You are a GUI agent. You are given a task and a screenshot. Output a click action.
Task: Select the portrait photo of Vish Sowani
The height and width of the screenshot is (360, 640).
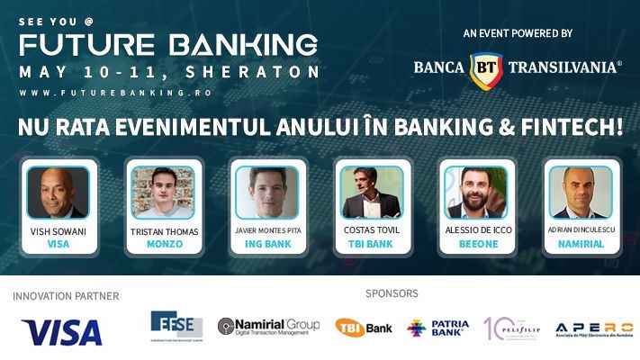[58, 192]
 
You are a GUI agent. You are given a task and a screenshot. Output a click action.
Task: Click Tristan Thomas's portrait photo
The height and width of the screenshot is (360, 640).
[163, 192]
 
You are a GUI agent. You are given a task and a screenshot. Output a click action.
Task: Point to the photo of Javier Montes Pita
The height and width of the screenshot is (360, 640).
[266, 192]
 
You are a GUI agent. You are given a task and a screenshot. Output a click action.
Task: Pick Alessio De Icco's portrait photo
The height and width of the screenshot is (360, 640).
[476, 192]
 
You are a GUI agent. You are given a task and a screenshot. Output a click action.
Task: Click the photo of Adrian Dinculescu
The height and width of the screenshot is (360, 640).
[581, 192]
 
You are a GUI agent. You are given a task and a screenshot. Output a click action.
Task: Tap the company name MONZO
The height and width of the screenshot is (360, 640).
[163, 244]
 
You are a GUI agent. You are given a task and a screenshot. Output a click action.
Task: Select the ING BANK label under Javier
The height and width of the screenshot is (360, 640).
[266, 244]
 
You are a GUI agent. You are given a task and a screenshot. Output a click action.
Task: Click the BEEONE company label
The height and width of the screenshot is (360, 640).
[476, 244]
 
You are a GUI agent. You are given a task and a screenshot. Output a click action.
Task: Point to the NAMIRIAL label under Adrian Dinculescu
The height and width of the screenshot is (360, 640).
[581, 244]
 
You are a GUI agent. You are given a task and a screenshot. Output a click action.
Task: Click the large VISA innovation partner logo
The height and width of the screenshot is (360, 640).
[62, 331]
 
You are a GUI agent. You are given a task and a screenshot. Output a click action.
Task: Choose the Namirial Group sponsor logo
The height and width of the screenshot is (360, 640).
[269, 327]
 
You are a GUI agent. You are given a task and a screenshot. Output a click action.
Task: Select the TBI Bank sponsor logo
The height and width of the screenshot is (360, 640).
[364, 328]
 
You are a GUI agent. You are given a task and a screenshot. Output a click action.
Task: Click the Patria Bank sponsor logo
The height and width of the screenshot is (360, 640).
[437, 327]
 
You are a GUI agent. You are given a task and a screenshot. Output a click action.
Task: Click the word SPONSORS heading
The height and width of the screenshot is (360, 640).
[392, 293]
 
